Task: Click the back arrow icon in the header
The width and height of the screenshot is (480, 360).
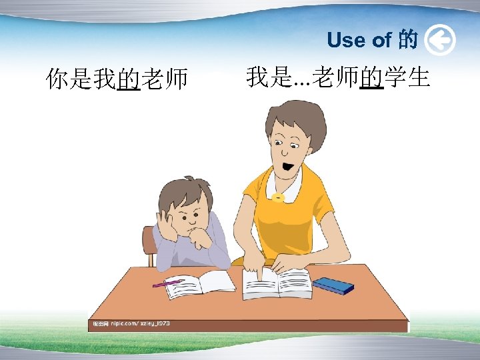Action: [439, 41]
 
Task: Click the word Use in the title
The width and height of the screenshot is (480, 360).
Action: [345, 41]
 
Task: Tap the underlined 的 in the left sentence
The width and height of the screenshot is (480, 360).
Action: [128, 80]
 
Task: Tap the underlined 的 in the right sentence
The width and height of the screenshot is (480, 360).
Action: [371, 77]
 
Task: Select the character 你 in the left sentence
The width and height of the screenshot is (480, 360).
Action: [57, 80]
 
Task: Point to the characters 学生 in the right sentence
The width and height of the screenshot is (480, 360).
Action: [407, 77]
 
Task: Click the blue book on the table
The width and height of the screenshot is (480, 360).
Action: [333, 285]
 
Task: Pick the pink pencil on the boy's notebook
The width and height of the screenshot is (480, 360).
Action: [167, 283]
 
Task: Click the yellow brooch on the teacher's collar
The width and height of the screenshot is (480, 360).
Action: [277, 197]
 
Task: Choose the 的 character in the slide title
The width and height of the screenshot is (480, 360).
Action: [407, 41]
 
